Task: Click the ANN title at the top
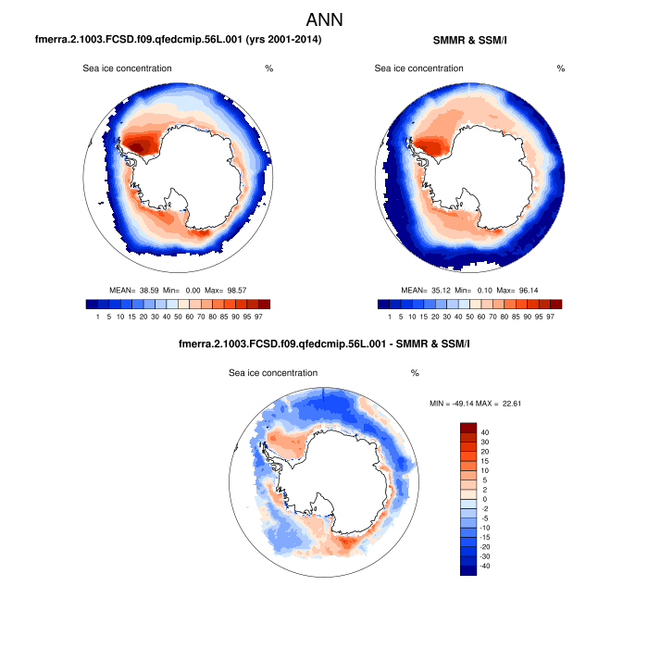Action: tap(324, 19)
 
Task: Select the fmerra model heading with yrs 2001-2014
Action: tap(178, 41)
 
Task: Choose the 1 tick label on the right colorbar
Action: tap(390, 317)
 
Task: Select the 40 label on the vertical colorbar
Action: tap(485, 432)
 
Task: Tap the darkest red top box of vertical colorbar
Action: tap(467, 427)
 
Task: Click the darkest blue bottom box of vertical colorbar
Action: tap(467, 570)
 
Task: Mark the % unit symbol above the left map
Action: tap(268, 69)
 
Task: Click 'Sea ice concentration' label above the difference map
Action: tap(273, 373)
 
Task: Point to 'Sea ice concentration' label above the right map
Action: tap(418, 69)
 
